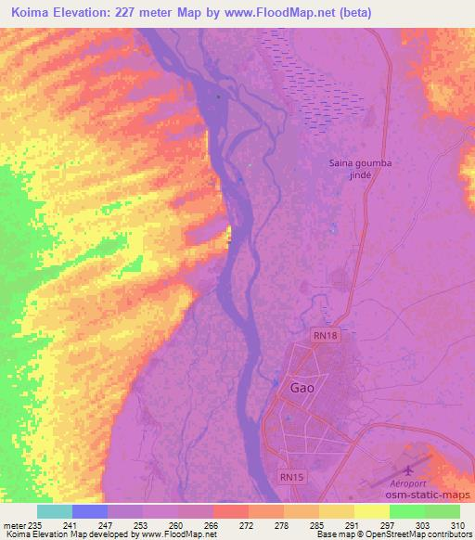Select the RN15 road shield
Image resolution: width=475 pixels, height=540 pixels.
tap(291, 477)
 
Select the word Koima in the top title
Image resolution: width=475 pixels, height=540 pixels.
tap(26, 11)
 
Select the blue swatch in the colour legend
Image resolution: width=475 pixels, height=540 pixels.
tap(90, 512)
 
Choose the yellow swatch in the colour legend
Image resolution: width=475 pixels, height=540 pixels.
tap(371, 512)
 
